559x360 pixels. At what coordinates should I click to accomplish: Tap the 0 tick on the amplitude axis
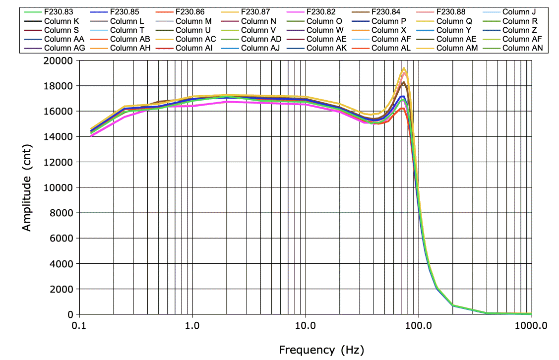coord(70,314)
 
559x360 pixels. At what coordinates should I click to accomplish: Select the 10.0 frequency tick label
coord(306,326)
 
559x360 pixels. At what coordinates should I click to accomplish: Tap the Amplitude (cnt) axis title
coord(27,187)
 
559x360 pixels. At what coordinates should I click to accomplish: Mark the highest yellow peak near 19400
coord(404,68)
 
